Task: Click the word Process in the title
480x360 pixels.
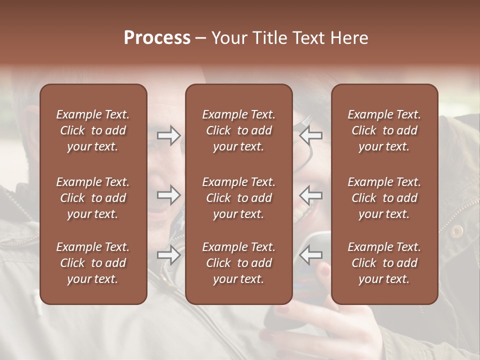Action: (x=157, y=38)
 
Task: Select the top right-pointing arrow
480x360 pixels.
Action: (x=169, y=135)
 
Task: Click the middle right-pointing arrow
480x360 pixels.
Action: (x=169, y=195)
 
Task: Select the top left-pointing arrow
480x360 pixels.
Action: (x=311, y=135)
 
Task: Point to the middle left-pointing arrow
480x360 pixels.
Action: (x=311, y=195)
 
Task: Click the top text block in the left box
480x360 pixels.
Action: (x=93, y=130)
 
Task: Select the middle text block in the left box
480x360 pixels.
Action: (x=93, y=198)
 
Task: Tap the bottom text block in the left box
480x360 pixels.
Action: (x=93, y=263)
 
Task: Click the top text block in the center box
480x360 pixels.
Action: (x=238, y=130)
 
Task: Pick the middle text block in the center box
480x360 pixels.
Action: (x=238, y=198)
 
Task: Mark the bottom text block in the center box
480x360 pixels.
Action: (x=238, y=263)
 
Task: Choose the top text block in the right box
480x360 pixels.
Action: (x=384, y=130)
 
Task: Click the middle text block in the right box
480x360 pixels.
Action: (x=384, y=198)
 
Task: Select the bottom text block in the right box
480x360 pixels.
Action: (x=384, y=263)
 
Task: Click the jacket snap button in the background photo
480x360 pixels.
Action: (x=456, y=230)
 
